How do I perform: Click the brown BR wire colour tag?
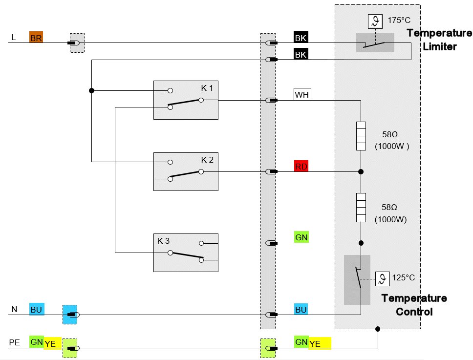pos(36,38)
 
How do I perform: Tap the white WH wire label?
pos(302,94)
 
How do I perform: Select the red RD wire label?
pos(301,166)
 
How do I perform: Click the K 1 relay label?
pos(207,88)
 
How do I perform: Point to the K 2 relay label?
pos(207,160)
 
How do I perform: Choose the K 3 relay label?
pos(164,241)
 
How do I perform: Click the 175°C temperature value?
pos(399,20)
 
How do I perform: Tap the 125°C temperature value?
pos(403,277)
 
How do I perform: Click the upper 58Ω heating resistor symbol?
pos(361,136)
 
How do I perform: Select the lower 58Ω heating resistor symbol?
pos(361,208)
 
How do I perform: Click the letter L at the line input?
pos(13,38)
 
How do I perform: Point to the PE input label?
pos(15,342)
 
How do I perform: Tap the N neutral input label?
pos(14,309)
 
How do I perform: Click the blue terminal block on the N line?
pos(70,315)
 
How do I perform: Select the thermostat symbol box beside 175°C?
pos(375,21)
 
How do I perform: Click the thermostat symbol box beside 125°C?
pos(383,279)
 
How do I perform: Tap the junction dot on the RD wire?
pos(361,171)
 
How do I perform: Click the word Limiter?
pos(439,47)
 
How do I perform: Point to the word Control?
pos(414,312)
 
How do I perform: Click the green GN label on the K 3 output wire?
pos(301,237)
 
